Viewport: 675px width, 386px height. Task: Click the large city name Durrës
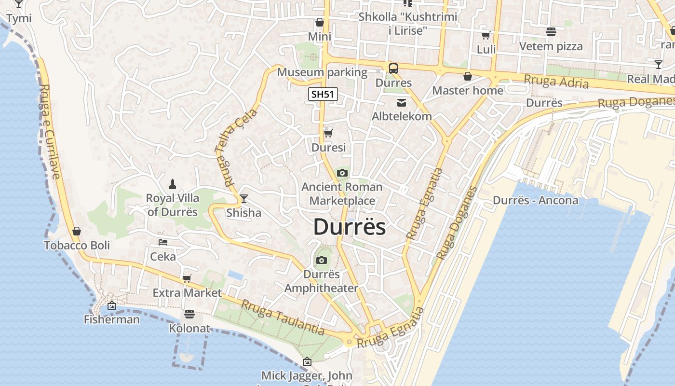pyautogui.click(x=350, y=227)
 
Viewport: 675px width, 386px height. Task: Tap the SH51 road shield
pyautogui.click(x=323, y=94)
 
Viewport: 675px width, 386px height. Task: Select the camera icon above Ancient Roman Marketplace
pyautogui.click(x=342, y=173)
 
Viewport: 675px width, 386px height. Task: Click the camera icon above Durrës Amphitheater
pyautogui.click(x=321, y=261)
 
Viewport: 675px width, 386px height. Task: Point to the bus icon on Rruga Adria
pyautogui.click(x=393, y=69)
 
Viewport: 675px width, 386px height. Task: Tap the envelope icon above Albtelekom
pyautogui.click(x=401, y=102)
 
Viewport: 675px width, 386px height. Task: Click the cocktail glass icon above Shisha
pyautogui.click(x=244, y=198)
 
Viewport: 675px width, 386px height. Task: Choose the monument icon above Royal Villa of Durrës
pyautogui.click(x=173, y=184)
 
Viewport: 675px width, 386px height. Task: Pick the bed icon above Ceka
pyautogui.click(x=163, y=242)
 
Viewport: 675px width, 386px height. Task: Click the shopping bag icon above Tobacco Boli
pyautogui.click(x=77, y=231)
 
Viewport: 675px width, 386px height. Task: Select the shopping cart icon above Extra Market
pyautogui.click(x=187, y=278)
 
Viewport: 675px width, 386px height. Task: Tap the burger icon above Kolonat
pyautogui.click(x=189, y=314)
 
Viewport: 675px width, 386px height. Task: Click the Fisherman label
pyautogui.click(x=112, y=319)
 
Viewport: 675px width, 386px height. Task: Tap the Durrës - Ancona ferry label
pyautogui.click(x=535, y=200)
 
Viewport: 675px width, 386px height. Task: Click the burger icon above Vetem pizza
pyautogui.click(x=551, y=32)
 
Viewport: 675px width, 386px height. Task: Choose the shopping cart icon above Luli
pyautogui.click(x=486, y=35)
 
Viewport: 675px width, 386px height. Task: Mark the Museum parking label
pyautogui.click(x=322, y=72)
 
